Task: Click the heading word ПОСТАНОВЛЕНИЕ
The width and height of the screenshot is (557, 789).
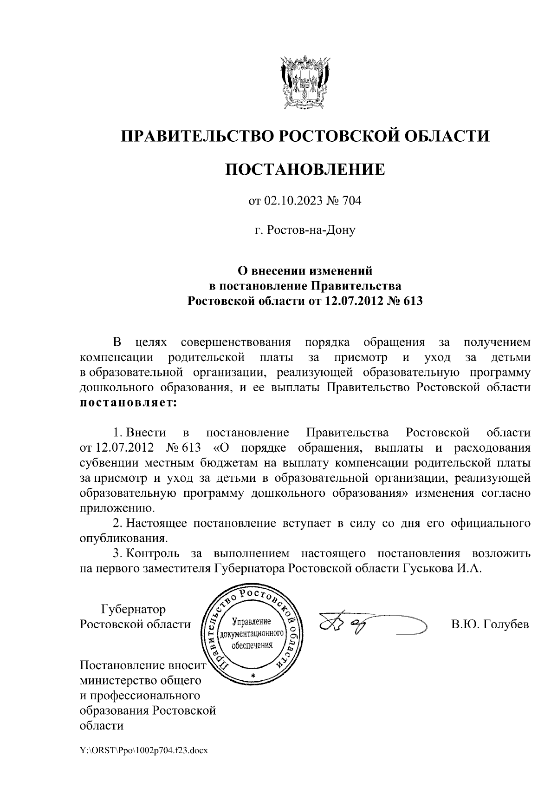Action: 305,169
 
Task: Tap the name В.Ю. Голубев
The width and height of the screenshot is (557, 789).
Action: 491,625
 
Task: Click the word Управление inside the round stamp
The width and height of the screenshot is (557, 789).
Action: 251,621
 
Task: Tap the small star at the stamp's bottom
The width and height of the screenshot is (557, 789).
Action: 253,675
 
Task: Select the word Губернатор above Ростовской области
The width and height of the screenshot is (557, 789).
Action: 133,609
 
